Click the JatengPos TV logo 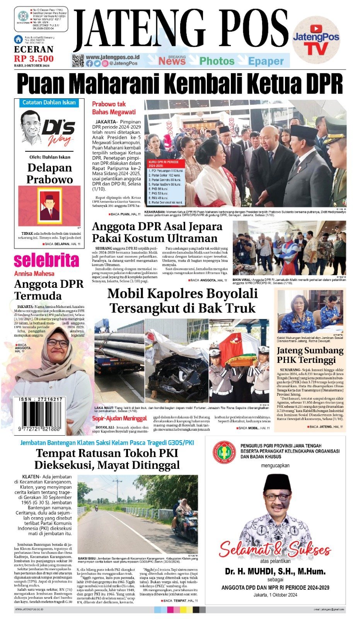(316, 40)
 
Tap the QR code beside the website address (78, 61)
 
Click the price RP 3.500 (34, 58)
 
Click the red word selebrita (46, 260)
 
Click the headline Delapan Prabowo (49, 173)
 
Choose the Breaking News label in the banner (172, 60)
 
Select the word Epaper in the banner (266, 61)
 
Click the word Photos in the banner (217, 61)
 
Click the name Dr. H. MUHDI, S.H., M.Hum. (275, 571)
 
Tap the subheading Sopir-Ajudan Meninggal (119, 418)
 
